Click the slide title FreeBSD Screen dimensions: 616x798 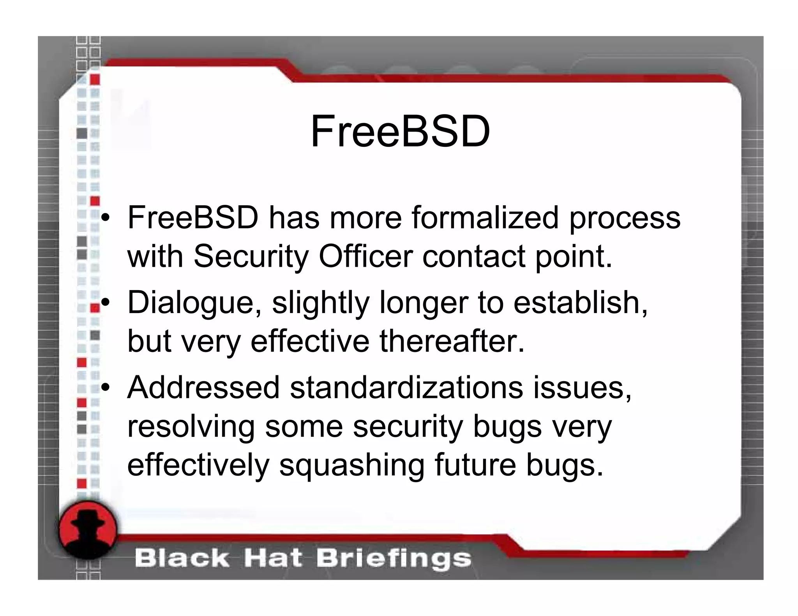pyautogui.click(x=400, y=132)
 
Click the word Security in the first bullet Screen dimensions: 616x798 pyautogui.click(x=251, y=257)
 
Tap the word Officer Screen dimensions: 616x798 pyautogui.click(x=365, y=257)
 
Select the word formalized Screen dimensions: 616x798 pyautogui.click(x=486, y=218)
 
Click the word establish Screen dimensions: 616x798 pyautogui.click(x=581, y=303)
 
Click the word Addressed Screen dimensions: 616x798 pyautogui.click(x=203, y=388)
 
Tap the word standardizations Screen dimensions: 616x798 pyautogui.click(x=406, y=388)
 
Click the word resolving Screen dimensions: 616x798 pyautogui.click(x=191, y=427)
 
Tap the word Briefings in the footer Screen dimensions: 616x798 pyautogui.click(x=394, y=558)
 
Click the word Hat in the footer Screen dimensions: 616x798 pyautogui.click(x=273, y=558)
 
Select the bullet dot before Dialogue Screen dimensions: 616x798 pyautogui.click(x=105, y=303)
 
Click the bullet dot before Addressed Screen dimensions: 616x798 pyautogui.click(x=105, y=388)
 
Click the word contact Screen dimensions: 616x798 pyautogui.click(x=474, y=257)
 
